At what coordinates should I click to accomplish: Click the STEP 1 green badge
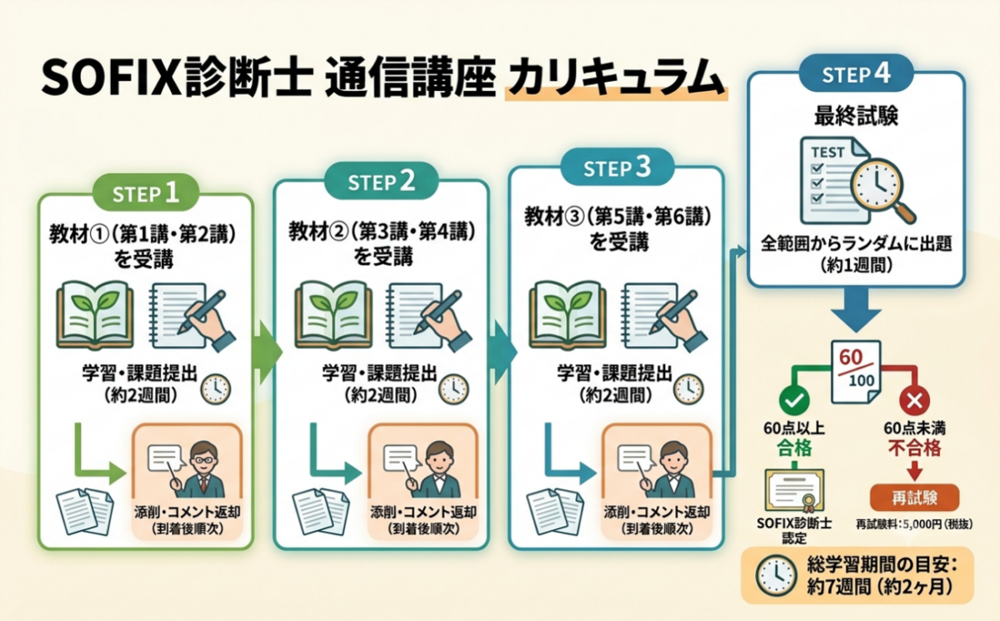146,193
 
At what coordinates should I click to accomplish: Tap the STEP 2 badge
382,181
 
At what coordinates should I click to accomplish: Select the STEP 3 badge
617,167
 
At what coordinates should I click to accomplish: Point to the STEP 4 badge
856,73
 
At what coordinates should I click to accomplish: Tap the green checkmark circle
794,400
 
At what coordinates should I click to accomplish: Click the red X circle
914,400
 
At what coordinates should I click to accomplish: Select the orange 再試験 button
914,498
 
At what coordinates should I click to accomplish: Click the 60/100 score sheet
855,373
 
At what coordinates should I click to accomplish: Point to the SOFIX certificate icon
794,490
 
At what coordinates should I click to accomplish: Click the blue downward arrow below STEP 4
856,309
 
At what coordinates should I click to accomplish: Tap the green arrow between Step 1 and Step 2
267,353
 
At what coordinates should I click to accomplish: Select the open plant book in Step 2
333,315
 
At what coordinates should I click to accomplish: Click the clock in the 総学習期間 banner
776,575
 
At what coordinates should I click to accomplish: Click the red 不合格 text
914,448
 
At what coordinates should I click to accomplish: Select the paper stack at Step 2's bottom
321,512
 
